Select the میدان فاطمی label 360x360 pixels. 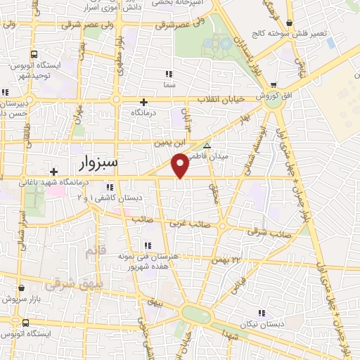[231, 158]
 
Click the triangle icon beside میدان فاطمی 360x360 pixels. [206, 143]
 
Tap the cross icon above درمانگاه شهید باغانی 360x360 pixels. [53, 171]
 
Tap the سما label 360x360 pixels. [168, 84]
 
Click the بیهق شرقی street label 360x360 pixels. [67, 285]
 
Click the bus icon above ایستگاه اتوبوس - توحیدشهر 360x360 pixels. [33, 56]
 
